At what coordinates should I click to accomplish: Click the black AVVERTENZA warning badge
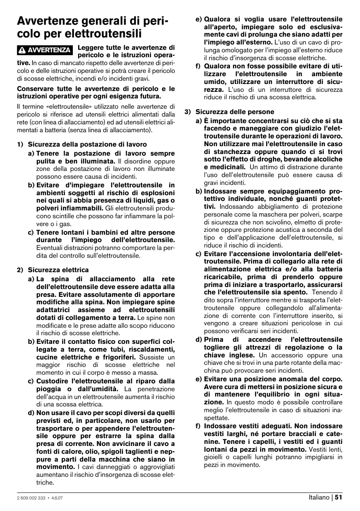pyautogui.click(x=45, y=50)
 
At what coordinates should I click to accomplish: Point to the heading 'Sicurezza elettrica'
pyautogui.click(x=58, y=270)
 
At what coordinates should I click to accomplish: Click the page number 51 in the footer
pyautogui.click(x=339, y=497)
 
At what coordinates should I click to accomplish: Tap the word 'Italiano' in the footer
pyautogui.click(x=319, y=497)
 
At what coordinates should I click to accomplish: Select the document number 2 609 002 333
pyautogui.click(x=31, y=497)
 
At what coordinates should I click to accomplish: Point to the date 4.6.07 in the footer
pyautogui.click(x=56, y=497)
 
